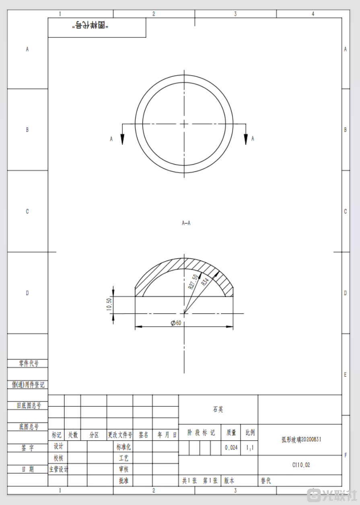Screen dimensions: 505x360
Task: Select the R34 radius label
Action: click(x=205, y=281)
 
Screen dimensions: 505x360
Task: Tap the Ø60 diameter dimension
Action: click(x=175, y=323)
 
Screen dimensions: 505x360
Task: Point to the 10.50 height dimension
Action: click(x=109, y=305)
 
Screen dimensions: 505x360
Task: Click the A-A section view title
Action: click(x=186, y=223)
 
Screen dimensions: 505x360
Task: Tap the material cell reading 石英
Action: click(x=218, y=410)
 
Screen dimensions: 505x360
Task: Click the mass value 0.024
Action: click(x=231, y=447)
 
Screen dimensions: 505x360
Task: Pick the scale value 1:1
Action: click(x=250, y=447)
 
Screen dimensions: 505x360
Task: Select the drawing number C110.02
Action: click(x=301, y=465)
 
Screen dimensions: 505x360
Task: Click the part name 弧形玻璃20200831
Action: click(x=301, y=440)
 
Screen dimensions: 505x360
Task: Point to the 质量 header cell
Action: click(x=231, y=433)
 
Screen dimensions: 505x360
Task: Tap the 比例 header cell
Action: click(x=250, y=433)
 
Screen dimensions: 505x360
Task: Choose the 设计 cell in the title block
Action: click(x=58, y=446)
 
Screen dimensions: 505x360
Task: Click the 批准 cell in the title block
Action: click(x=123, y=480)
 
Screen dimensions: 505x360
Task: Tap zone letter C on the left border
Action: click(x=27, y=212)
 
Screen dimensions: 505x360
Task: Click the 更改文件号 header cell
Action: click(x=120, y=435)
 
